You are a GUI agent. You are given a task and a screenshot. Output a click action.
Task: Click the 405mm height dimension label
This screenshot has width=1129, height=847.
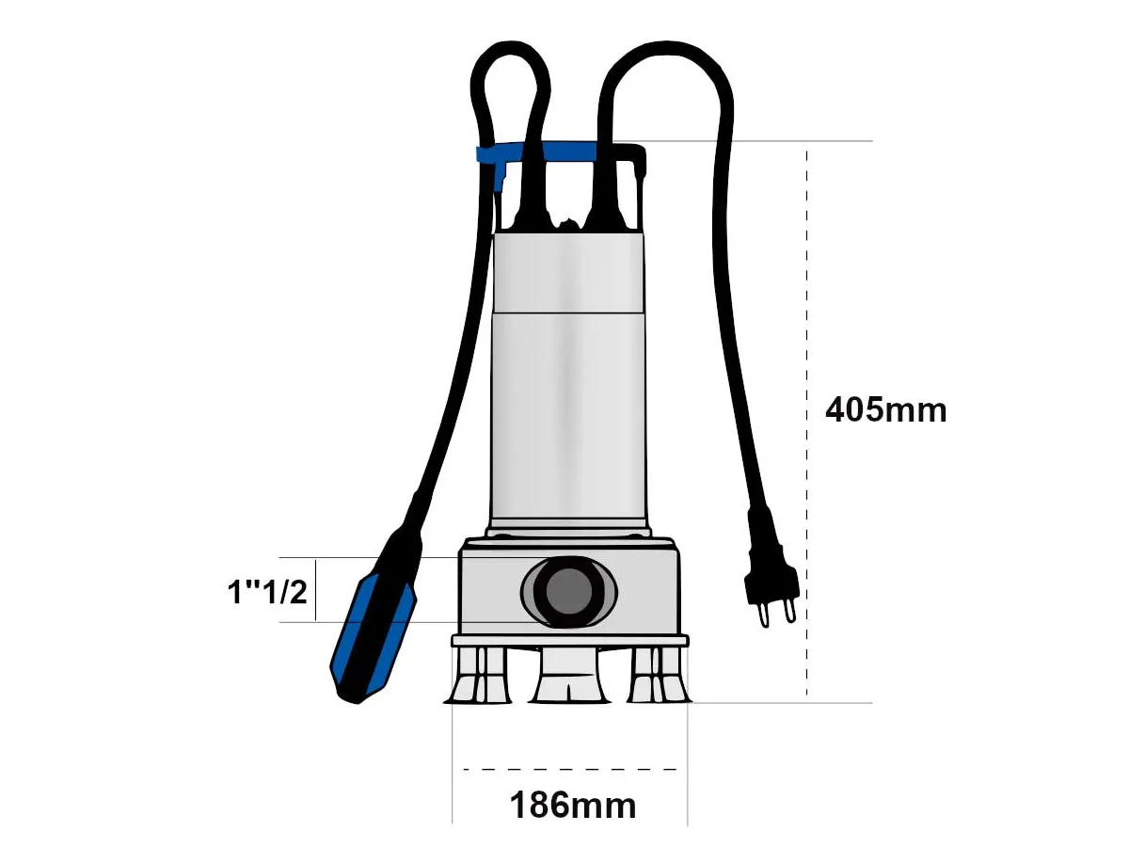pyautogui.click(x=885, y=411)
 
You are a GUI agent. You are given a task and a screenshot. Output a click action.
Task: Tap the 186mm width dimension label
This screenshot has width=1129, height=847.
pyautogui.click(x=572, y=806)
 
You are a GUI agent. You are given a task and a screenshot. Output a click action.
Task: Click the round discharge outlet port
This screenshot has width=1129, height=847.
pyautogui.click(x=568, y=591)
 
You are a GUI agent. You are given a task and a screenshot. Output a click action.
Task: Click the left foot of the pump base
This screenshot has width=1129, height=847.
pyautogui.click(x=478, y=676)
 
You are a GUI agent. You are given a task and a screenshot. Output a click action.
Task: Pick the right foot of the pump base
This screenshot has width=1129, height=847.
pyautogui.click(x=659, y=676)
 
